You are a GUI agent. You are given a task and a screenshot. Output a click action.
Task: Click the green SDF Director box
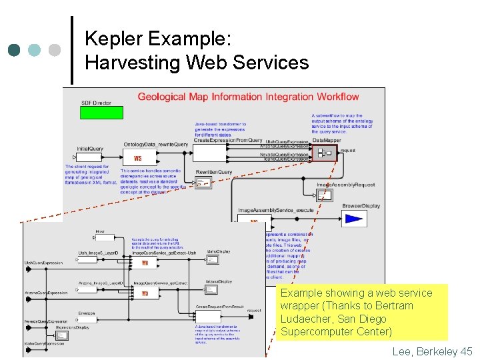point(101,113)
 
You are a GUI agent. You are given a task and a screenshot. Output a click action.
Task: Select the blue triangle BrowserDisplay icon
point(353,219)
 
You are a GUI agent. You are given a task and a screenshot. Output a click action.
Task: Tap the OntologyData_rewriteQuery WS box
point(138,158)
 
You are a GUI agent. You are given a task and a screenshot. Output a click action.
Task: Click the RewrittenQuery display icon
point(203,183)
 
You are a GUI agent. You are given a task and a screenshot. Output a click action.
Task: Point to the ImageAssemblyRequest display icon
point(324,195)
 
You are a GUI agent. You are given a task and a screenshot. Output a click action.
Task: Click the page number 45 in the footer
point(465,351)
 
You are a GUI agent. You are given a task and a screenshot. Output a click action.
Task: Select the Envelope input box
point(87,319)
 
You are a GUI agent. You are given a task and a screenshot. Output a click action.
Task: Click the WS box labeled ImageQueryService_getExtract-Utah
point(145,263)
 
